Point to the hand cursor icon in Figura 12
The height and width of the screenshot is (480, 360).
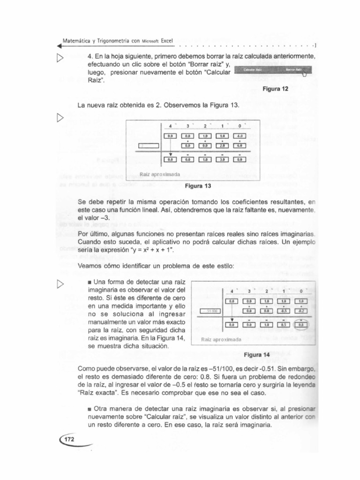point(305,73)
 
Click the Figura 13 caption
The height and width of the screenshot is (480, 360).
point(198,186)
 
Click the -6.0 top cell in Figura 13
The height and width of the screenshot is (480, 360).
point(240,136)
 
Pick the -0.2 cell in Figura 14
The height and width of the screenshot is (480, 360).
point(301,310)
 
